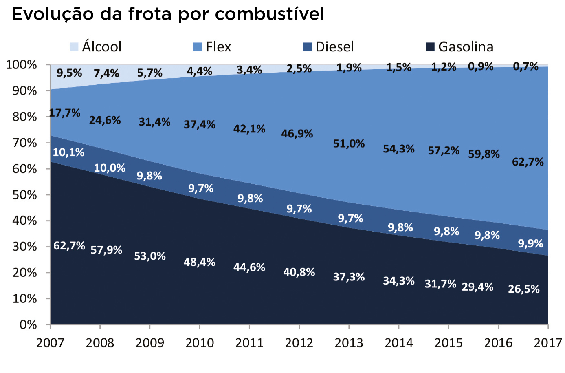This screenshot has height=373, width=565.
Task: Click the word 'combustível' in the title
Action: (269, 15)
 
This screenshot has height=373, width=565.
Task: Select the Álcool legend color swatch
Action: (74, 47)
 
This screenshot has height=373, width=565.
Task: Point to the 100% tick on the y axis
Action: (21, 65)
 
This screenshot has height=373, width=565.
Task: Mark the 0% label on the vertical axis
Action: (28, 325)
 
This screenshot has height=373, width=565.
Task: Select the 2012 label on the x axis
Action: (299, 343)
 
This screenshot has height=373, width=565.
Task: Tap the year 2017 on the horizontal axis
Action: (548, 343)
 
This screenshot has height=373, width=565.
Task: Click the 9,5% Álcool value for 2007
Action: (69, 73)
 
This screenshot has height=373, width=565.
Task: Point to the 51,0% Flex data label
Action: (349, 144)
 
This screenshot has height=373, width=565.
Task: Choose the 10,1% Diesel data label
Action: (68, 152)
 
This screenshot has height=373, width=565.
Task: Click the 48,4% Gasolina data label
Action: (199, 262)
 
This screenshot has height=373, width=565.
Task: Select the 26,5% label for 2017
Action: (523, 289)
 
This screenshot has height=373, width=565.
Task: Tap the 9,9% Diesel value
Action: (530, 244)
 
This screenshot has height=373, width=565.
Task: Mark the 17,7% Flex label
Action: (65, 113)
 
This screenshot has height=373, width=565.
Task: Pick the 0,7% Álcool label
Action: (525, 66)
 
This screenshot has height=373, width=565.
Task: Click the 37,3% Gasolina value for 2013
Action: (349, 277)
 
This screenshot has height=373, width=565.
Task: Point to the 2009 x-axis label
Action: (149, 343)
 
